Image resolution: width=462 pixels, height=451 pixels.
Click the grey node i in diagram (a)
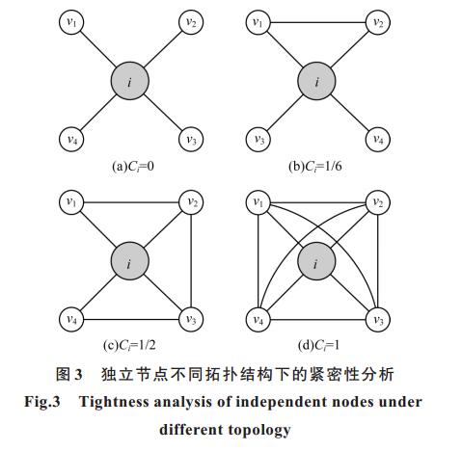tap(130, 81)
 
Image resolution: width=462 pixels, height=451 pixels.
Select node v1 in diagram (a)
tap(71, 22)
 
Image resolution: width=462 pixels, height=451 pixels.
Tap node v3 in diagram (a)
tap(191, 140)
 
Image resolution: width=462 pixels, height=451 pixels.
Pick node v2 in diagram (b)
tap(378, 22)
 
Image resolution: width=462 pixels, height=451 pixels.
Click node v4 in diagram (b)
tap(378, 140)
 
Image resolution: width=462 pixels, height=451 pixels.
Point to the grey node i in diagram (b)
tap(316, 81)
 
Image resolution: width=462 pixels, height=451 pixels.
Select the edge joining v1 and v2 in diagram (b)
tap(318, 22)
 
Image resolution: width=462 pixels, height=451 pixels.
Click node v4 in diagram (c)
tap(71, 319)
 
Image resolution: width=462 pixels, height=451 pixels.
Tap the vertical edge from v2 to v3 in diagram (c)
tap(191, 261)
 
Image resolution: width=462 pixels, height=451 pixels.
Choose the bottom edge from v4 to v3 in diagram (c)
tap(131, 320)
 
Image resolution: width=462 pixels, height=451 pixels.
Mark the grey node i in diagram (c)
tap(130, 261)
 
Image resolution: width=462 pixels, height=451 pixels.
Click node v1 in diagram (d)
tap(258, 202)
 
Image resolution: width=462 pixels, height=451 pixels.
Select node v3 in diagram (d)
tap(378, 319)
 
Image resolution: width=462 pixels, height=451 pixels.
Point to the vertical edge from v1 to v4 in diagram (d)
tap(258, 261)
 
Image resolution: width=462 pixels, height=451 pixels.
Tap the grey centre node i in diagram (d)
tap(316, 261)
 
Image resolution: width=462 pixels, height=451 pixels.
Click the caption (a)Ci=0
tap(133, 167)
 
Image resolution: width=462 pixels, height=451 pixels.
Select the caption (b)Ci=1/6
tap(315, 167)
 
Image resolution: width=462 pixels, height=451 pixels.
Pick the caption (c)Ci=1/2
tap(129, 345)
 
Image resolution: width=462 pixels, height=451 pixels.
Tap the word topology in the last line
tap(260, 431)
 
